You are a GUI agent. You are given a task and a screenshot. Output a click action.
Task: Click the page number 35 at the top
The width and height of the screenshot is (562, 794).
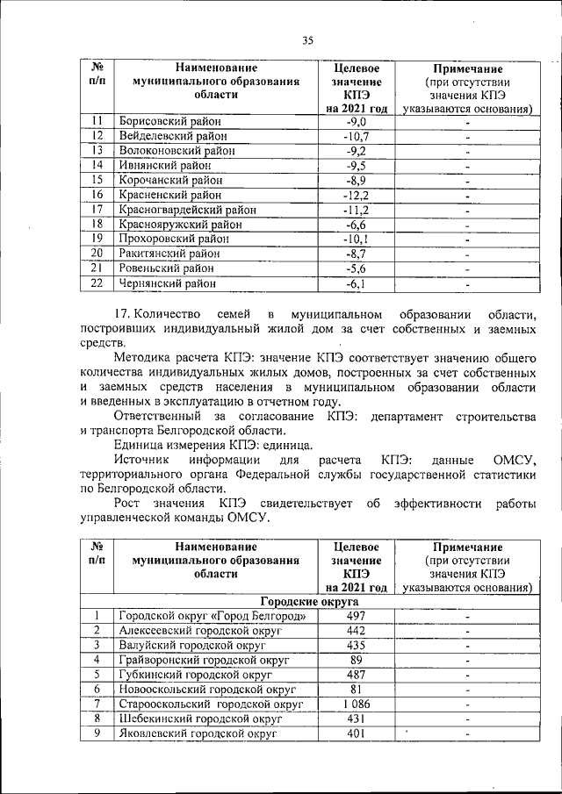(x=307, y=39)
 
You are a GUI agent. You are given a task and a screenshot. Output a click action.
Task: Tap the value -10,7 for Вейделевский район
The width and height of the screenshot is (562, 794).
(x=357, y=136)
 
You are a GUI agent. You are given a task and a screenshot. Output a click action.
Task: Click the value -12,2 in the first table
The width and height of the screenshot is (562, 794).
(x=357, y=195)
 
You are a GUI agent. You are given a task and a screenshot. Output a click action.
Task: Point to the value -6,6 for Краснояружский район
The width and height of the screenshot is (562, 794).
(x=357, y=225)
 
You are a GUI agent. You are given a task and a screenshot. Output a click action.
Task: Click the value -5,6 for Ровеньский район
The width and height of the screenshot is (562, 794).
(x=357, y=268)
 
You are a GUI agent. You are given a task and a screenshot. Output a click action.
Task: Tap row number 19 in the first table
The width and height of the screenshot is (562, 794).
(x=97, y=239)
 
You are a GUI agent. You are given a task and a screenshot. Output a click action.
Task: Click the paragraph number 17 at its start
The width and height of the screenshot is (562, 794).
(x=123, y=314)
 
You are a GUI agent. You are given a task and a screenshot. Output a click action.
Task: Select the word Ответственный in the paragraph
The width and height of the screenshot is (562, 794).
(x=157, y=415)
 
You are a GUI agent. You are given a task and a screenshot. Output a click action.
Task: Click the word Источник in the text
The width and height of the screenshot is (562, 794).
(x=140, y=459)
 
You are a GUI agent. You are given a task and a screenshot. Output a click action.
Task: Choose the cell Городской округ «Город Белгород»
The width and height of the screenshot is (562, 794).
(x=213, y=617)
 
